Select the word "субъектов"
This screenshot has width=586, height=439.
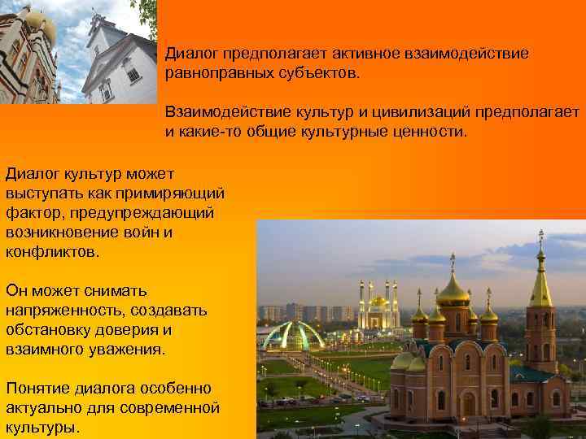pos(310,74)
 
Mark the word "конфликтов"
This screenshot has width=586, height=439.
pos(50,252)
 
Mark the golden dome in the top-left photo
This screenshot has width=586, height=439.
pos(37,21)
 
